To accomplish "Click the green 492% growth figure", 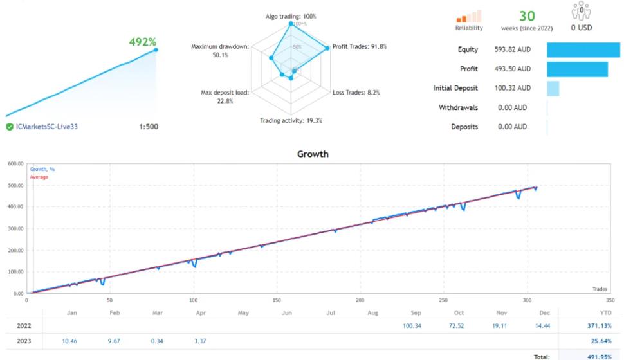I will click(142, 42).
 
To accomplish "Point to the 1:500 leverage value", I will click(148, 127).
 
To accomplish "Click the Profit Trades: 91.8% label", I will click(360, 46).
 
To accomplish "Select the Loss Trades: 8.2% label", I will click(356, 93).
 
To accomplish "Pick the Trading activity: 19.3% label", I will click(291, 120).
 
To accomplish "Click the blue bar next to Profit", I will click(577, 69).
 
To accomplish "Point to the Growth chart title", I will click(313, 154).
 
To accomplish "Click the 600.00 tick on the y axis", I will click(15, 163).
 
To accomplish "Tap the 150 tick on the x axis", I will click(277, 300).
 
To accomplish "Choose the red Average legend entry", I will click(39, 177).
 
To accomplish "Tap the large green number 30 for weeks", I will click(527, 15).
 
